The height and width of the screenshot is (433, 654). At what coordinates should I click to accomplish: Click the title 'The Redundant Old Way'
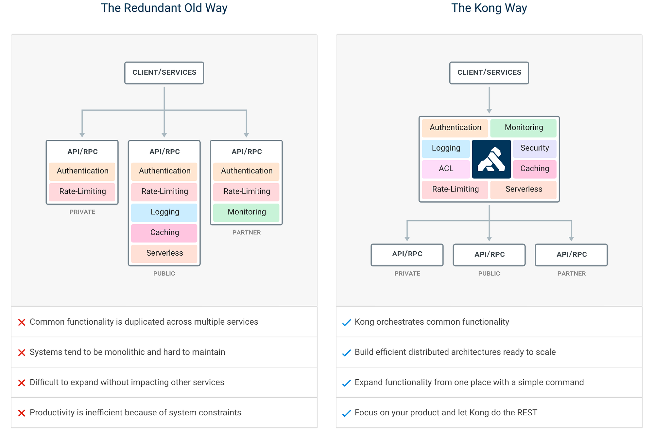click(164, 8)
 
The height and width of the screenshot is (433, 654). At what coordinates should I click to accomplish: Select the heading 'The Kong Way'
click(489, 8)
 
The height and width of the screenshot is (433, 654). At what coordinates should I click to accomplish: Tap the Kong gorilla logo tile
click(491, 159)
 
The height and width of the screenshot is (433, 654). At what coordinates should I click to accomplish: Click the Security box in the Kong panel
click(534, 148)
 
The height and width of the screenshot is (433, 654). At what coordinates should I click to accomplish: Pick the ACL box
click(446, 169)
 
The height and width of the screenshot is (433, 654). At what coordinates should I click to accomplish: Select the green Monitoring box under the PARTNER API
click(246, 212)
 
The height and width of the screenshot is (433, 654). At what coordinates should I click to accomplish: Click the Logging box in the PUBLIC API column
click(164, 212)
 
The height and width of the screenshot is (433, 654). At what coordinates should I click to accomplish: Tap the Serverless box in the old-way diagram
click(164, 253)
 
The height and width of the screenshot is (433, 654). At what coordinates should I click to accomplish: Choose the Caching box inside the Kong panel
click(534, 169)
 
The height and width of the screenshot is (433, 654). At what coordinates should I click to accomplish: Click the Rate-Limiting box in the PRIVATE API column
click(82, 191)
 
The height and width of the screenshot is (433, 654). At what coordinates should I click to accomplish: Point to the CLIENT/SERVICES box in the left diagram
click(164, 73)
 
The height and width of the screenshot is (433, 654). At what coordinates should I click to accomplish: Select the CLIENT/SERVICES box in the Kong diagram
click(489, 73)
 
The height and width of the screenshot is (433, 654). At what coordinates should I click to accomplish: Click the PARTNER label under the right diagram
click(571, 273)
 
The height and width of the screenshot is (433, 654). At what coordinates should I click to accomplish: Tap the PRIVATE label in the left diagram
click(82, 212)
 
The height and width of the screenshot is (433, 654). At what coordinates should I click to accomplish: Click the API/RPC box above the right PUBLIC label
click(489, 254)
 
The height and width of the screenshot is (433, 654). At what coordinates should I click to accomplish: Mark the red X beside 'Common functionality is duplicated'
click(22, 322)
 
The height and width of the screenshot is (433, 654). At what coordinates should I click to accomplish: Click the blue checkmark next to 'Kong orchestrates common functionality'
click(346, 323)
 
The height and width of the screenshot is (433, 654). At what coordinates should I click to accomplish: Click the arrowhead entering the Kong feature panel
click(489, 111)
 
